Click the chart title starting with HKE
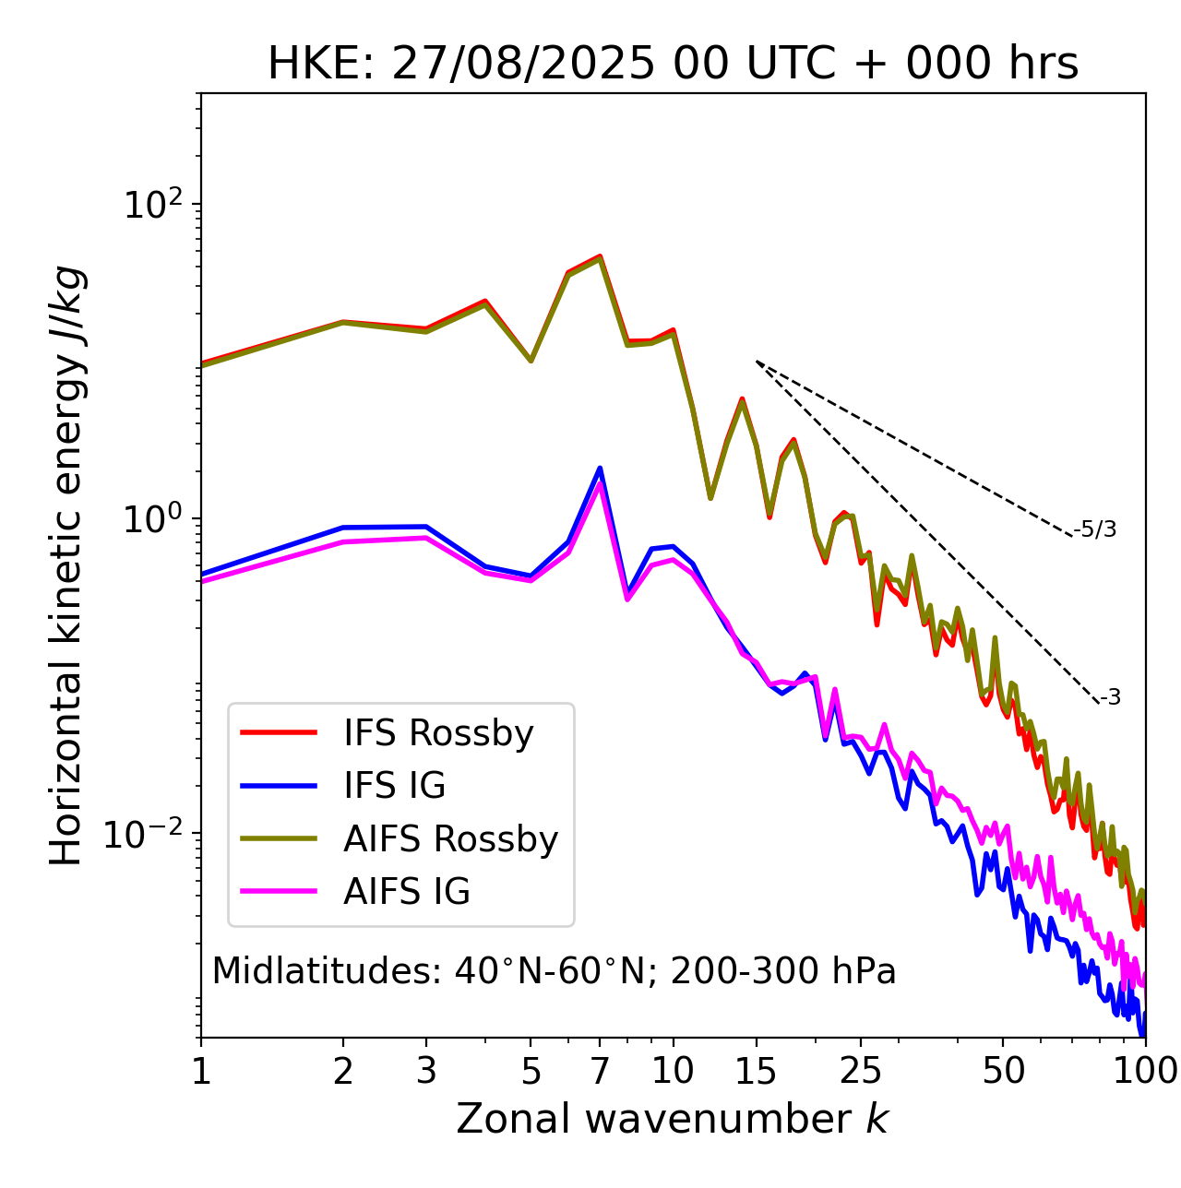[673, 65]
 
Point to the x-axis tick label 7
[600, 1071]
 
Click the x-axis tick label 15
[756, 1071]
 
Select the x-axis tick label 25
[860, 1071]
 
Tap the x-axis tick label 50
[1003, 1071]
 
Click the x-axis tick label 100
[1145, 1071]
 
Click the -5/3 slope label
[1095, 529]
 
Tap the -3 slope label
[1110, 698]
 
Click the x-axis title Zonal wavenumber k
[673, 1119]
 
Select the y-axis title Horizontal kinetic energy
[66, 566]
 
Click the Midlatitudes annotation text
[554, 971]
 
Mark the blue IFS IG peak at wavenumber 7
[600, 469]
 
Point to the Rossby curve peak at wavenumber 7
[600, 256]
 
